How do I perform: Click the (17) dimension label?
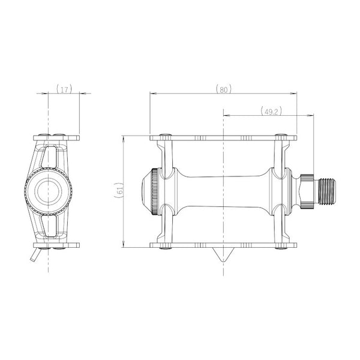click(64, 89)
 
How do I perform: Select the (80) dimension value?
click(224, 89)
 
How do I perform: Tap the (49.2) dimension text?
click(271, 112)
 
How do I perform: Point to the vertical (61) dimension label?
click(119, 190)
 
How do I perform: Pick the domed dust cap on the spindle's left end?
click(146, 191)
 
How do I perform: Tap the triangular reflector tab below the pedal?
click(223, 255)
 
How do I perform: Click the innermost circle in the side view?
click(48, 191)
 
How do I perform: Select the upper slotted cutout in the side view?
click(49, 157)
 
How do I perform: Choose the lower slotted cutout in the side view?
click(49, 226)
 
